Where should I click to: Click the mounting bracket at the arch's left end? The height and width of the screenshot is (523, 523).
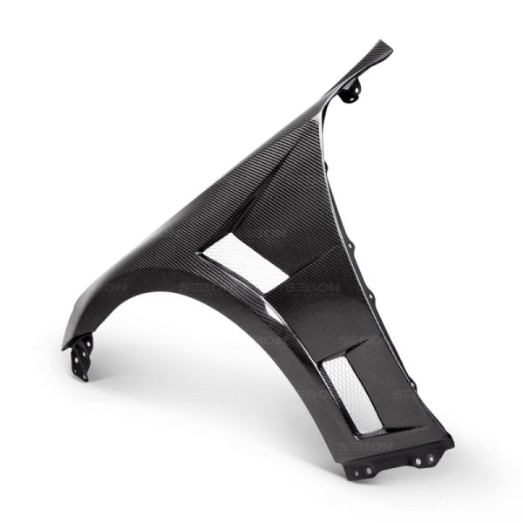77,357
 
